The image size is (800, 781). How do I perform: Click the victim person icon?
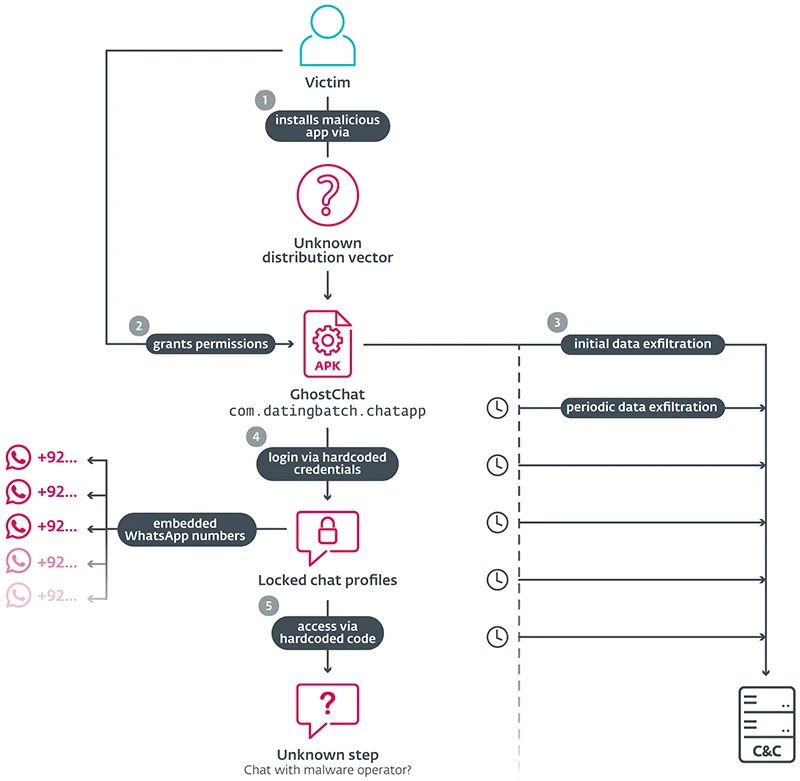click(x=328, y=38)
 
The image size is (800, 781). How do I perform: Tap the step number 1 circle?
click(x=264, y=100)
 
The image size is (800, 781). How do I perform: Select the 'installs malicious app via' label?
click(x=328, y=125)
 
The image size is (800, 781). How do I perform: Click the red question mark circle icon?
click(x=328, y=195)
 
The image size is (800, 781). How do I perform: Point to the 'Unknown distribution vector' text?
click(x=328, y=250)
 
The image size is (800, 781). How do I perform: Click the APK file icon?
click(x=328, y=342)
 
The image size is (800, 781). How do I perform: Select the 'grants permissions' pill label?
click(x=211, y=344)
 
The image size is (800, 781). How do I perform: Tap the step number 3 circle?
click(x=557, y=322)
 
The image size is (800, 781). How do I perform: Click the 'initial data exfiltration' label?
click(x=642, y=344)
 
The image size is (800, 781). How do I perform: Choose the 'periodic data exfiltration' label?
click(x=642, y=407)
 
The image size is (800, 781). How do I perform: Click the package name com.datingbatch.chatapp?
click(x=328, y=410)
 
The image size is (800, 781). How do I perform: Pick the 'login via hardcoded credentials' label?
click(x=328, y=462)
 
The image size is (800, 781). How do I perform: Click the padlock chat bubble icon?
click(x=328, y=538)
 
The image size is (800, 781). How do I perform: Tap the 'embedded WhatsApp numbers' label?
click(x=185, y=529)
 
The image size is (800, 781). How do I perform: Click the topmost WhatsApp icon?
click(x=18, y=459)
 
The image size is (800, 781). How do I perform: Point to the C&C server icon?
click(x=766, y=725)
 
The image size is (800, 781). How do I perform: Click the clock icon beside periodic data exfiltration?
click(x=497, y=407)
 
